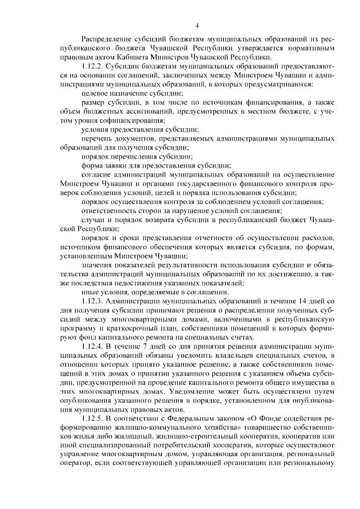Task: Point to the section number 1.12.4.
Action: (93, 347)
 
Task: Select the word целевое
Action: (96, 93)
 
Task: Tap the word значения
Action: (98, 265)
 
